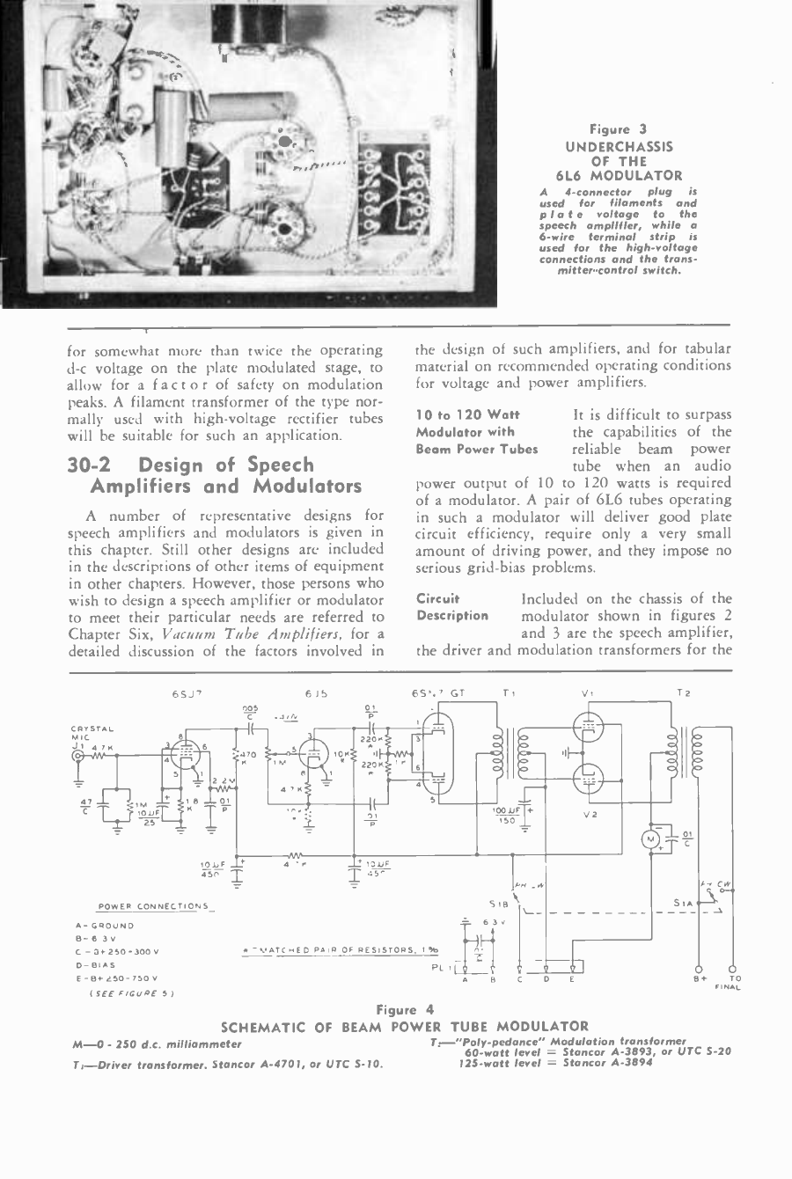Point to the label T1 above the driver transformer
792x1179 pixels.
tap(509, 693)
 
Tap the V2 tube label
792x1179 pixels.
tap(590, 816)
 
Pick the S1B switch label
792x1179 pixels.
tap(498, 904)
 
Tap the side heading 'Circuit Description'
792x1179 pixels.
tap(452, 607)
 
